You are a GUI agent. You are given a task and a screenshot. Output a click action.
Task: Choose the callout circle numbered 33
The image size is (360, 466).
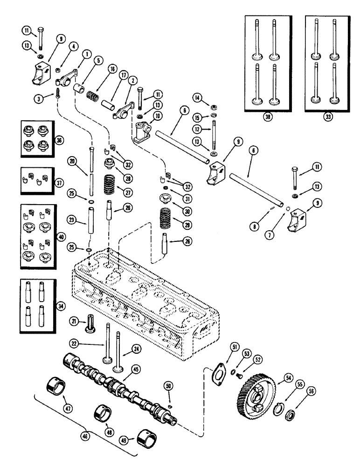[x=328, y=117]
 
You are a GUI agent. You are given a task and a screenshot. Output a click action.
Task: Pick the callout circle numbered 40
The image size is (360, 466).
[x=60, y=237]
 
